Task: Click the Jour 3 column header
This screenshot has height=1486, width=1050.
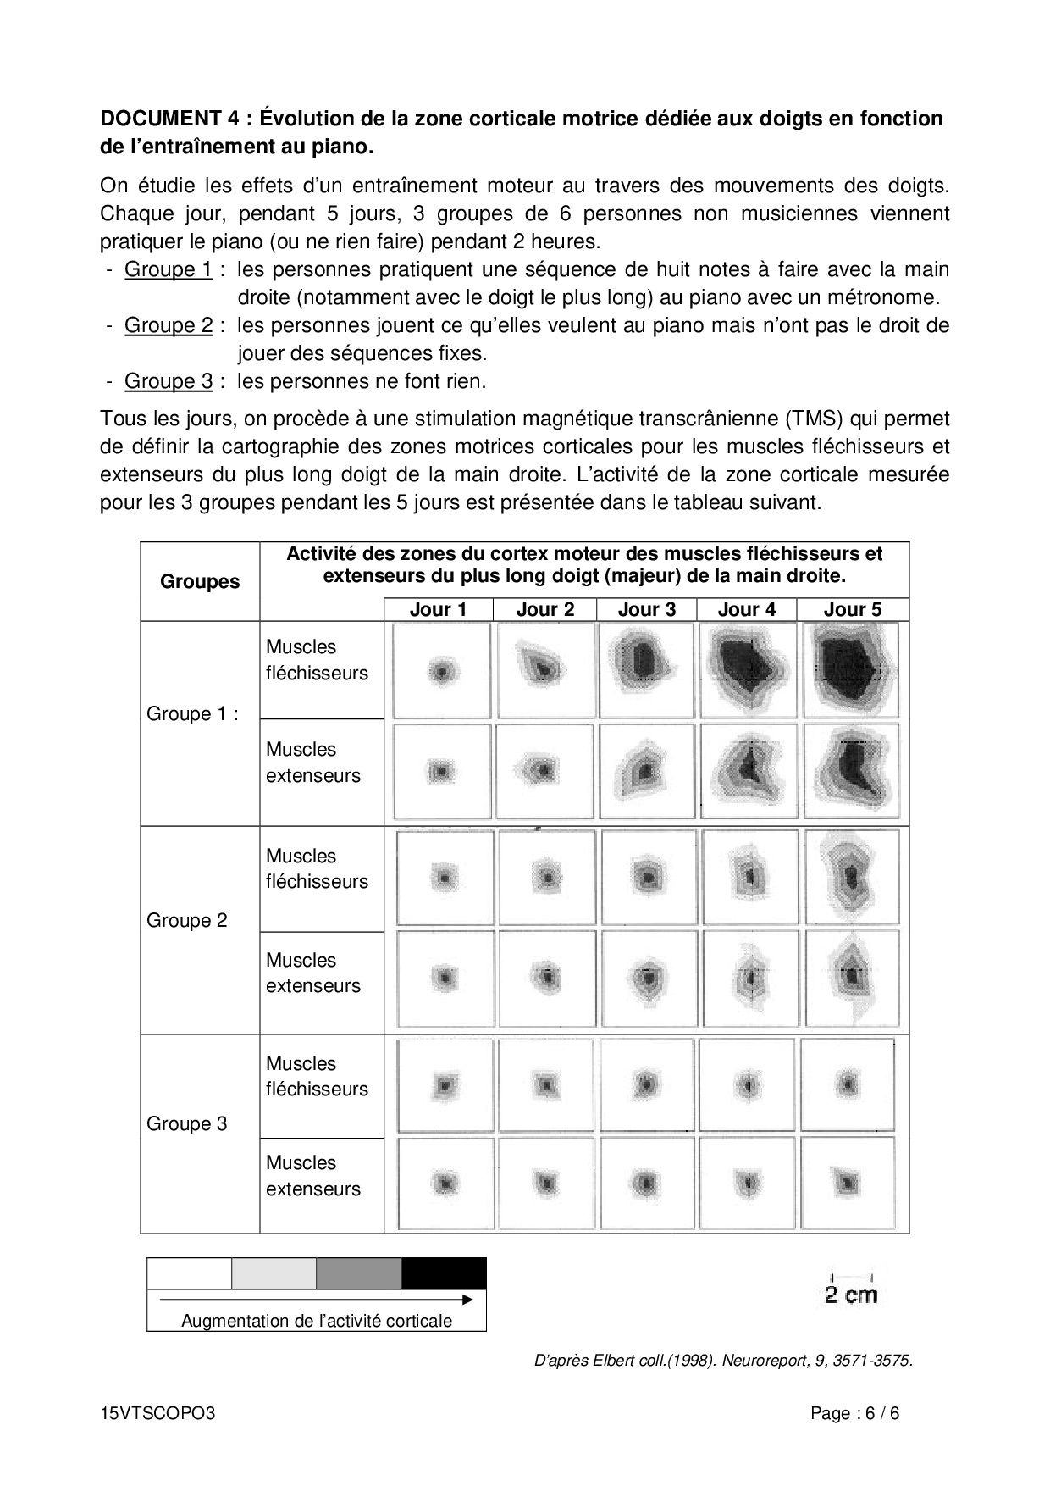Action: click(x=646, y=609)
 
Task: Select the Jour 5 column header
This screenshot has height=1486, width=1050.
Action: click(x=852, y=609)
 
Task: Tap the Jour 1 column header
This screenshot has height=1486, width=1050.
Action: click(x=438, y=609)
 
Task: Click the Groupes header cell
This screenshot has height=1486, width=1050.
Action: click(x=200, y=581)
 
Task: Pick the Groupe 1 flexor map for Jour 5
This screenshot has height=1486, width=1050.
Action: click(x=850, y=670)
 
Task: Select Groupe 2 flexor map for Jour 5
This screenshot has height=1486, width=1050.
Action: click(x=851, y=877)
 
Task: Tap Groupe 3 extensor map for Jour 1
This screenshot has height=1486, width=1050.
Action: click(x=444, y=1183)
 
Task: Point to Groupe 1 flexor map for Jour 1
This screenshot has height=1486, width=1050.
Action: click(x=442, y=672)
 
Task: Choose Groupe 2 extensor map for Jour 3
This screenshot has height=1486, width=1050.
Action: click(x=647, y=979)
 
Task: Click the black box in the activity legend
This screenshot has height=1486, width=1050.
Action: click(x=444, y=1273)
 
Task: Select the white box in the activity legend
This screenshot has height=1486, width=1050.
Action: click(x=190, y=1273)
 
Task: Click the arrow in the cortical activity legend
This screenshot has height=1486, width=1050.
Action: click(x=317, y=1299)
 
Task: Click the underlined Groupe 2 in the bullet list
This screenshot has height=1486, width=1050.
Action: click(x=169, y=325)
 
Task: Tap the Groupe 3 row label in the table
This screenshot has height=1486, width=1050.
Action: click(x=187, y=1124)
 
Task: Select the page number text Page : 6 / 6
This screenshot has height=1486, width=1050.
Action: click(x=854, y=1413)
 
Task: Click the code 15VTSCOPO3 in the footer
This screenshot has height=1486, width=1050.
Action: click(x=157, y=1413)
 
